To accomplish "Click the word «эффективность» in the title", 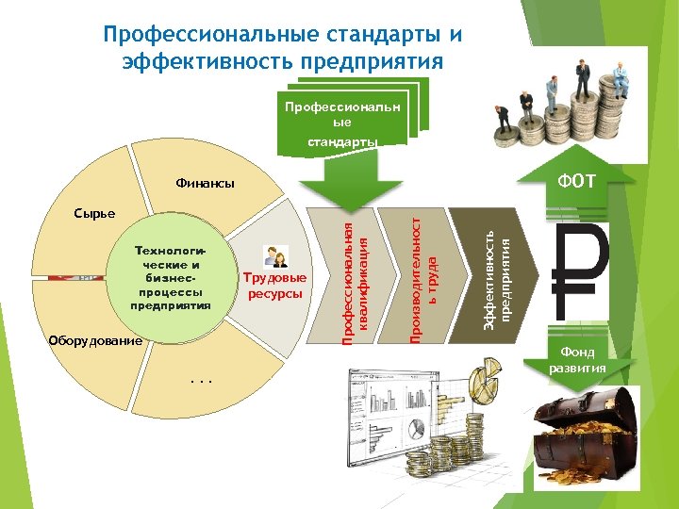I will tap(204, 62).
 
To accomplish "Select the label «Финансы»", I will tap(205, 184).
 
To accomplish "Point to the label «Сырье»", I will tap(96, 213).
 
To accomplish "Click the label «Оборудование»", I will tap(97, 339).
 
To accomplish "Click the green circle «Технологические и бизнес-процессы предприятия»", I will tap(171, 279).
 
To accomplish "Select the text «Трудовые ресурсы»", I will tap(274, 287).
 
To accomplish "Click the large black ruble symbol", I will tap(582, 272).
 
